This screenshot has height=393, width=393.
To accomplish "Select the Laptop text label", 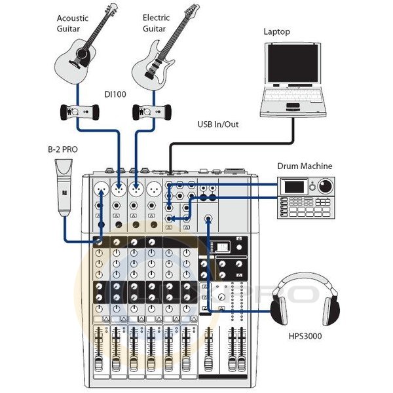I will click(x=276, y=31).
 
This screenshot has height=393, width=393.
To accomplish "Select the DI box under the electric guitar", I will click(x=152, y=112).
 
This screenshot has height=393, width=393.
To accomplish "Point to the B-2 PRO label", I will click(x=64, y=149).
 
